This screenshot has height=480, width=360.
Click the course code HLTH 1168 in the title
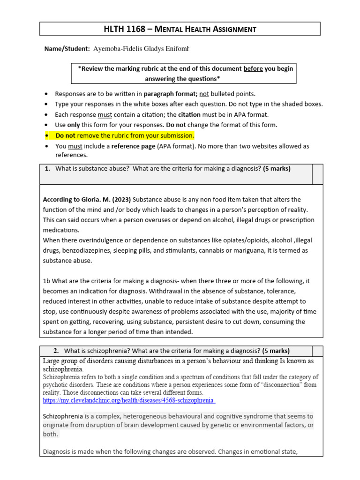pyautogui.click(x=121, y=29)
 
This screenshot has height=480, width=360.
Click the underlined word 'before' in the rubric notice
pyautogui.click(x=253, y=68)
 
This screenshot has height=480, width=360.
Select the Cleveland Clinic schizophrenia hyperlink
pyautogui.click(x=128, y=401)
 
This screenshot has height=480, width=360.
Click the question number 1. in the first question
pyautogui.click(x=47, y=169)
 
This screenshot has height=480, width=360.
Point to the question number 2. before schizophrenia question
pyautogui.click(x=56, y=351)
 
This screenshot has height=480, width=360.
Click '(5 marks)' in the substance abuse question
pyautogui.click(x=277, y=169)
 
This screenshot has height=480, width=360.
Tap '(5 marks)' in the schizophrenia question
pyautogui.click(x=276, y=351)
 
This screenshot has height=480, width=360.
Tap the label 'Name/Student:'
pyautogui.click(x=64, y=49)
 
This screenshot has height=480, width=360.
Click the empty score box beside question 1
pyautogui.click(x=317, y=174)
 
